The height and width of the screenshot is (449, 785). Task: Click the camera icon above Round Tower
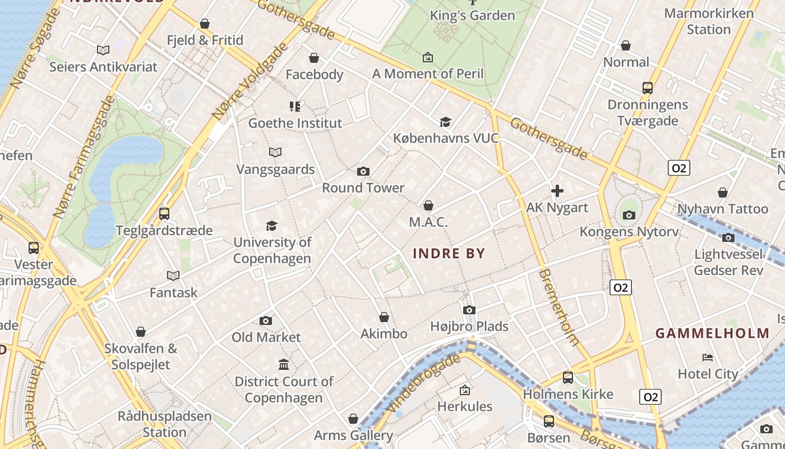(363, 171)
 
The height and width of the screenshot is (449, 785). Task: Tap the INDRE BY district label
(449, 254)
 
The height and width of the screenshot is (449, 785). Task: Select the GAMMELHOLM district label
(713, 333)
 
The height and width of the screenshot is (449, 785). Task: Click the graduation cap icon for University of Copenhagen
(272, 226)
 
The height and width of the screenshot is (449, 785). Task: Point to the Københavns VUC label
(446, 138)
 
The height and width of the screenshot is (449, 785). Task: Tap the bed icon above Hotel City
(708, 357)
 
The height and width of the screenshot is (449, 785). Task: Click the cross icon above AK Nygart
(557, 191)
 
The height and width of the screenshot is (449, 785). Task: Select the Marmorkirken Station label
(709, 21)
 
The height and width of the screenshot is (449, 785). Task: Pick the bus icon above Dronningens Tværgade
(648, 88)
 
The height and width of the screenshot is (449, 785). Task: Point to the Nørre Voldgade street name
(249, 82)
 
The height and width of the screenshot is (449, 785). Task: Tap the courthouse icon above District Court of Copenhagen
(284, 365)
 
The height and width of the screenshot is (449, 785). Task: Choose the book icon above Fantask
(173, 276)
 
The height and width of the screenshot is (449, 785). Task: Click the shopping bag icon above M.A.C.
(428, 205)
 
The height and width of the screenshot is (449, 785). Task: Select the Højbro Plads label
(469, 326)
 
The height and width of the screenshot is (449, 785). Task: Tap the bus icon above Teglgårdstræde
(164, 213)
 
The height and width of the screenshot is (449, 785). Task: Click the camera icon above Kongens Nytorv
(629, 215)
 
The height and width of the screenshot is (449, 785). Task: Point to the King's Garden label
(472, 16)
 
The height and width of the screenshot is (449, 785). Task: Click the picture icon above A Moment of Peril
(428, 57)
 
